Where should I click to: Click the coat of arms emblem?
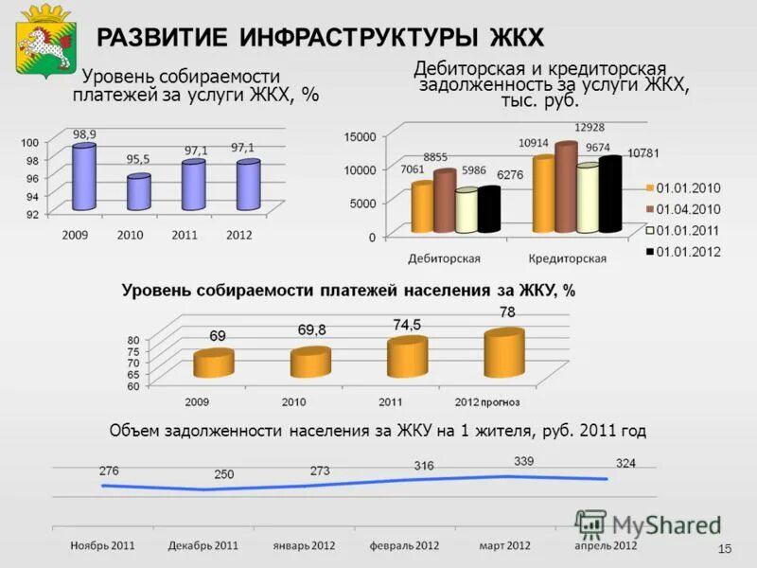coord(44,40)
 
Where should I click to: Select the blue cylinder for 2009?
coord(84,177)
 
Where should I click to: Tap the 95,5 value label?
coord(138,159)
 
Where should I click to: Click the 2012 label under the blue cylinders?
coord(240,235)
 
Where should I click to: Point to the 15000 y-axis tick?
coord(360,137)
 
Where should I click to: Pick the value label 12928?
coord(590,128)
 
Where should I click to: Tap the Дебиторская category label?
coord(444,258)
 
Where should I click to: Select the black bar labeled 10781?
coord(609,195)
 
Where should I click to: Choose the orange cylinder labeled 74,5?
coord(408,357)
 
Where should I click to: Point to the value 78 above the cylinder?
coord(507,312)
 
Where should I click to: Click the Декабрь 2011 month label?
coord(203,546)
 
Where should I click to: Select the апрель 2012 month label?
coord(607,546)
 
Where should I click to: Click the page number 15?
coord(726,550)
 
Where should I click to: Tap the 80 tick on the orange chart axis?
coord(132,340)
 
